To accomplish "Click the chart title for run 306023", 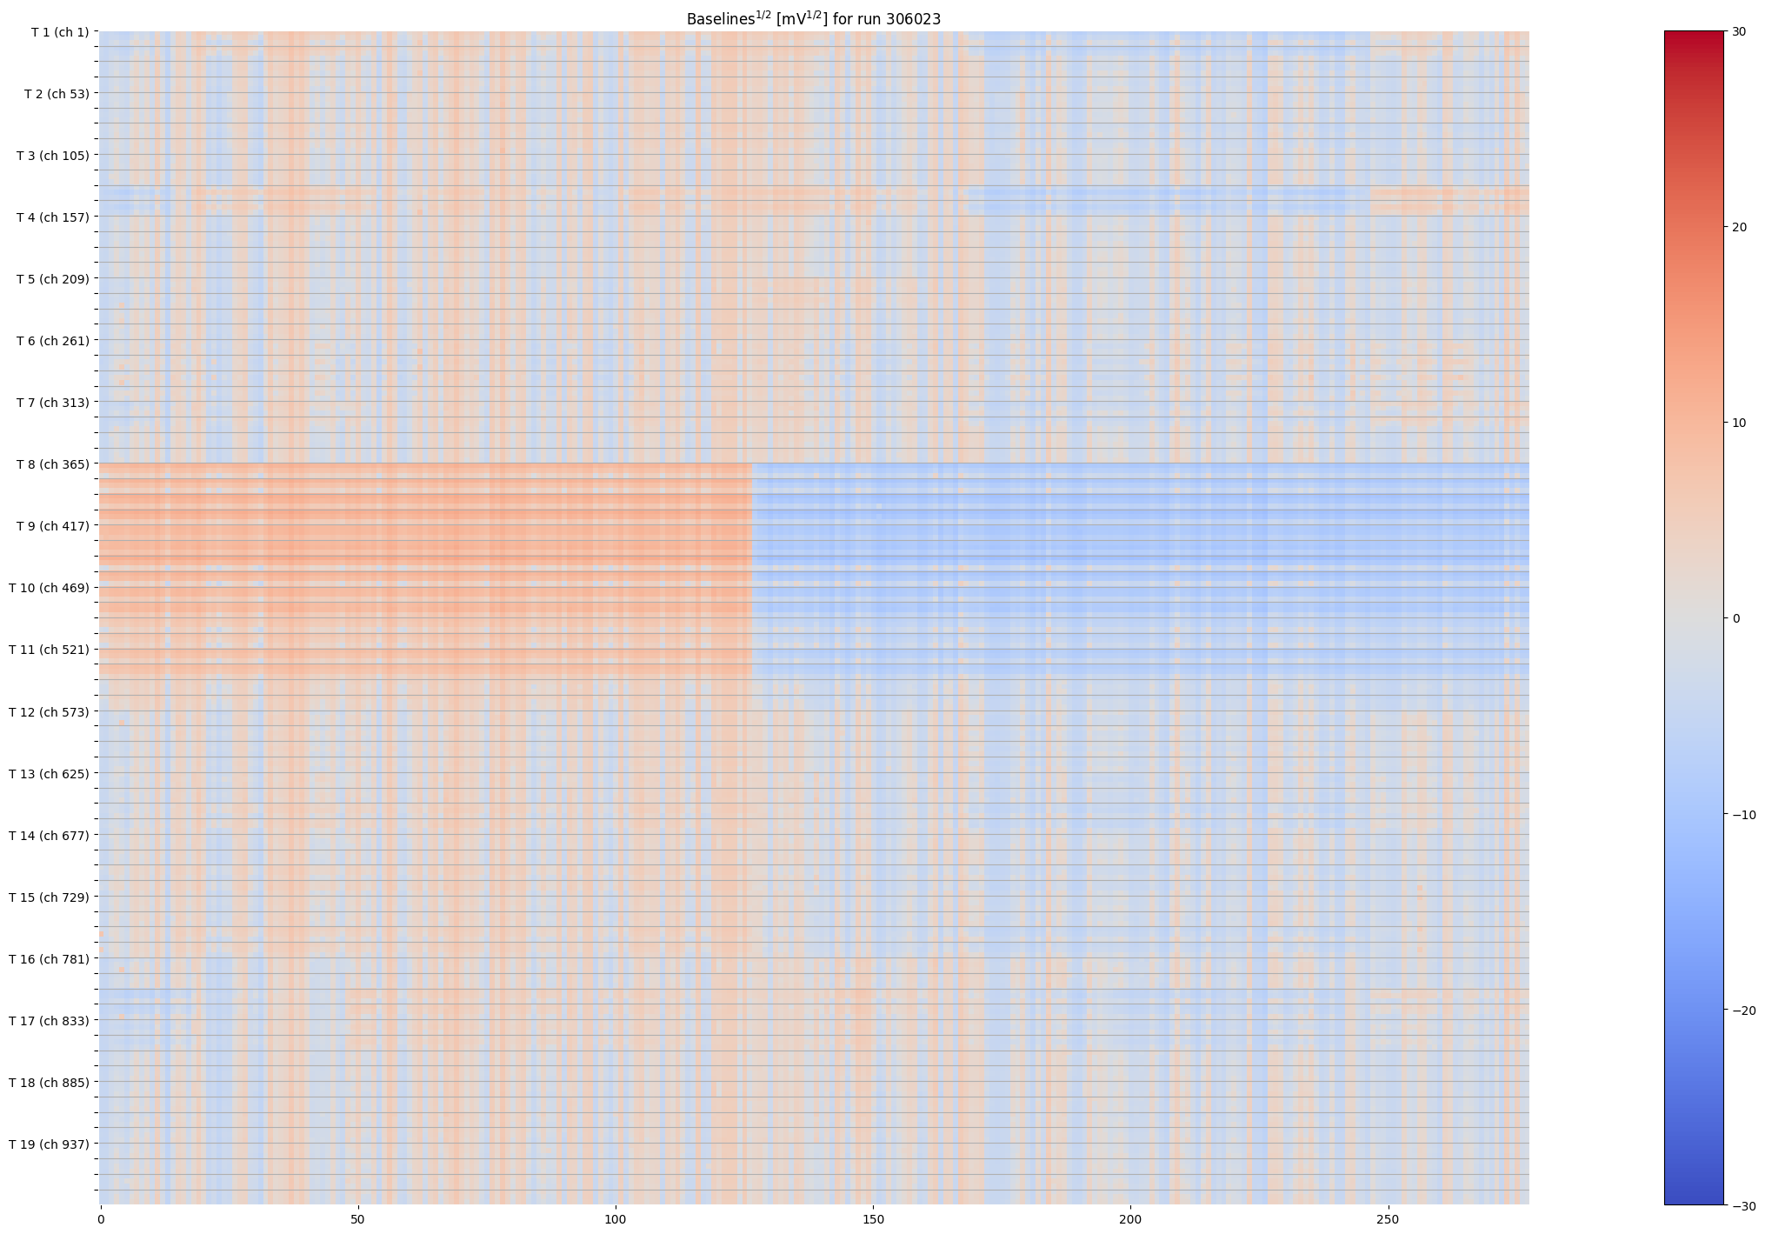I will [813, 18].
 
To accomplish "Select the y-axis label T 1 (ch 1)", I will [60, 32].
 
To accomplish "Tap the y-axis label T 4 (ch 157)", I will [53, 217].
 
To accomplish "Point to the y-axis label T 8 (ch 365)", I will [53, 464].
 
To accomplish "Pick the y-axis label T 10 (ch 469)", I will [50, 588].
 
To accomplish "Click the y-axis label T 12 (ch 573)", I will [50, 712].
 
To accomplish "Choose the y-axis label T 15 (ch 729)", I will [50, 897].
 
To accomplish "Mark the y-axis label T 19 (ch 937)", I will [50, 1144].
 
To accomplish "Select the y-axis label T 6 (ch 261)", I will [53, 341].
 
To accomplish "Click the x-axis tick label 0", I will [101, 1220].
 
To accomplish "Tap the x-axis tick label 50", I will [357, 1220].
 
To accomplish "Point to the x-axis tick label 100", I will [616, 1220].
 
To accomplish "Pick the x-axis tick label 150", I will [873, 1220].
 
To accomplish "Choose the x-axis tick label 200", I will [1130, 1220].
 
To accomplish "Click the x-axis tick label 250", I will [1388, 1220].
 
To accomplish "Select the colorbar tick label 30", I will [1739, 32].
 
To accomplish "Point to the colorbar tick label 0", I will [1736, 619].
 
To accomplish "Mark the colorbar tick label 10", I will [1739, 424].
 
